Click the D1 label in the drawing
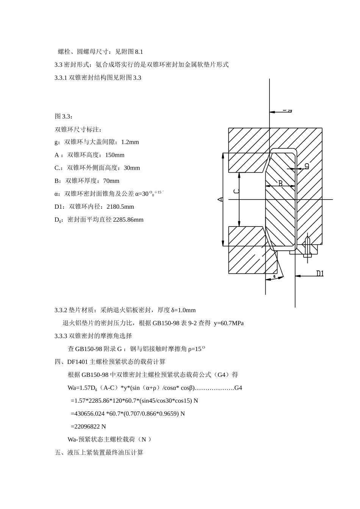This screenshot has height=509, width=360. point(320,273)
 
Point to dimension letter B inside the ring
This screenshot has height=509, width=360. point(280,183)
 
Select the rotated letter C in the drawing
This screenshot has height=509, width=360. point(236,191)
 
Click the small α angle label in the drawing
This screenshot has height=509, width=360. point(274,276)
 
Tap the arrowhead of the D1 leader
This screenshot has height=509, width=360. point(298,276)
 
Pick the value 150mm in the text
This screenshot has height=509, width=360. point(115,155)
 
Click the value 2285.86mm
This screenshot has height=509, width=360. point(128,220)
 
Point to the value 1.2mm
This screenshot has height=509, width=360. point(130,142)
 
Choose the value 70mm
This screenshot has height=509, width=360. point(111,181)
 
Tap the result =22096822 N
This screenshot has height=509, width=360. point(88,426)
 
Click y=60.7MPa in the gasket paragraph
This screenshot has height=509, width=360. point(229,323)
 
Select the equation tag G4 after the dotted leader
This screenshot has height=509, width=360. point(238,387)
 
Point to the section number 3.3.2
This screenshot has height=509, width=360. point(61,310)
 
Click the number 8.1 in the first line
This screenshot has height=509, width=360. point(139,52)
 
